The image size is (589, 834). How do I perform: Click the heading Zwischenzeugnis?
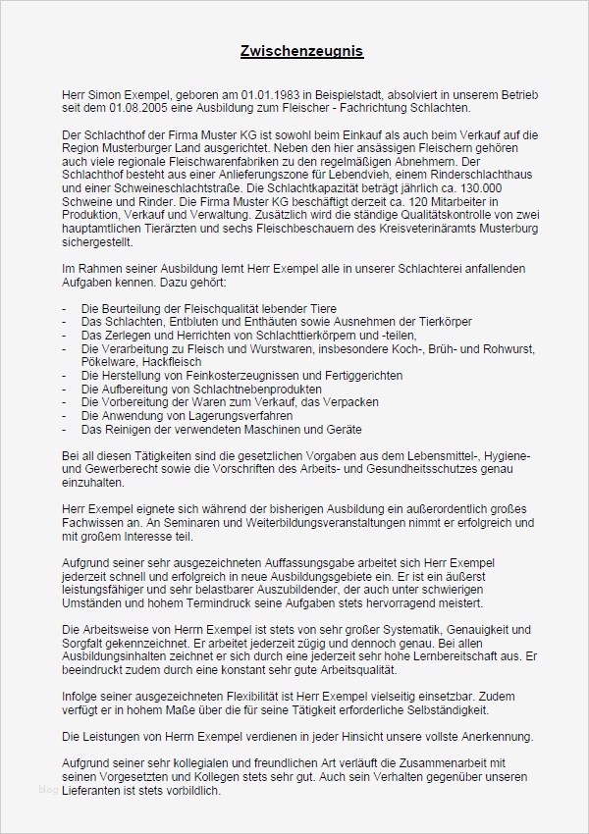point(294,50)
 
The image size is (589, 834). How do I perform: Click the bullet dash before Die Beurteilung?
point(64,308)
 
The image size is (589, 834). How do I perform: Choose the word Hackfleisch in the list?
point(162,361)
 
